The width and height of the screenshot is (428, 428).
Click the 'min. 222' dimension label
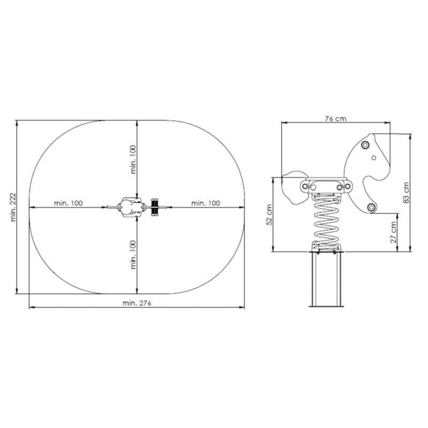click(13, 207)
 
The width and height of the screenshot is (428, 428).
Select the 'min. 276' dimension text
click(137, 303)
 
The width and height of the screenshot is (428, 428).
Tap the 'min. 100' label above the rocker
click(133, 159)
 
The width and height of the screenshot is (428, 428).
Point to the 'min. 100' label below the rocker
click(133, 255)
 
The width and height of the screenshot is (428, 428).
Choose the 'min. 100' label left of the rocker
click(68, 203)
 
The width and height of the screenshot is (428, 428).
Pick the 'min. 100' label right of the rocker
click(205, 203)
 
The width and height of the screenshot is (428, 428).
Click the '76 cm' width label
click(336, 119)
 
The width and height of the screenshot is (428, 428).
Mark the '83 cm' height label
click(407, 193)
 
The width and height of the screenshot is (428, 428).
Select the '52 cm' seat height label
click(270, 215)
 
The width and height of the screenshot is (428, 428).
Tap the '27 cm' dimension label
click(393, 232)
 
